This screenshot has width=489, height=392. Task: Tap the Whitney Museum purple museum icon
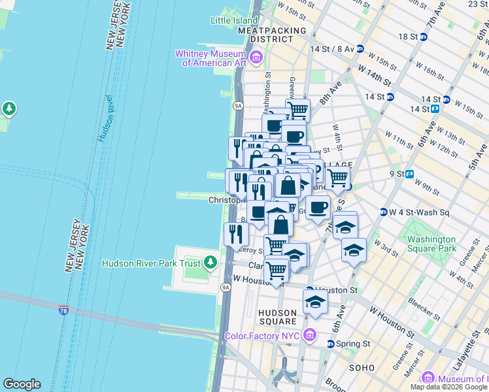coord(256,58)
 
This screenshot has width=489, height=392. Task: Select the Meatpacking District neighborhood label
coord(272,35)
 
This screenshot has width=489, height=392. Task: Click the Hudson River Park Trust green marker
coord(210,263)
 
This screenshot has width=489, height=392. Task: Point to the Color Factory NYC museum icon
coord(311,336)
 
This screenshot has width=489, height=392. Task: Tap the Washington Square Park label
coord(431,244)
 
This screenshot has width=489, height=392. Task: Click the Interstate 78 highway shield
coord(64,309)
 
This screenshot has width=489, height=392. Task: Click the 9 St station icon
coord(410,174)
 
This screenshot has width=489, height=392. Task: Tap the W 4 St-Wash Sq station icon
coord(384,212)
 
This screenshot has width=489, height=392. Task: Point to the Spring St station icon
coord(330,344)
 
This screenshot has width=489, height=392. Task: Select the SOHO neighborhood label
coord(362,368)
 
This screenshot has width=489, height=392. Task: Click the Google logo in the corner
coord(22,384)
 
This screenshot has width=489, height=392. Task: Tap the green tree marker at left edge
coord(9,107)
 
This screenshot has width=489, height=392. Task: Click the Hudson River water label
coord(106,118)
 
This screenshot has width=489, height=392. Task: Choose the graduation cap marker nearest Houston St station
coord(315,302)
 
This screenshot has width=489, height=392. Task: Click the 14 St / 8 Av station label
coord(332,49)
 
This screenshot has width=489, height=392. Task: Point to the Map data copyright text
coord(449,387)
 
